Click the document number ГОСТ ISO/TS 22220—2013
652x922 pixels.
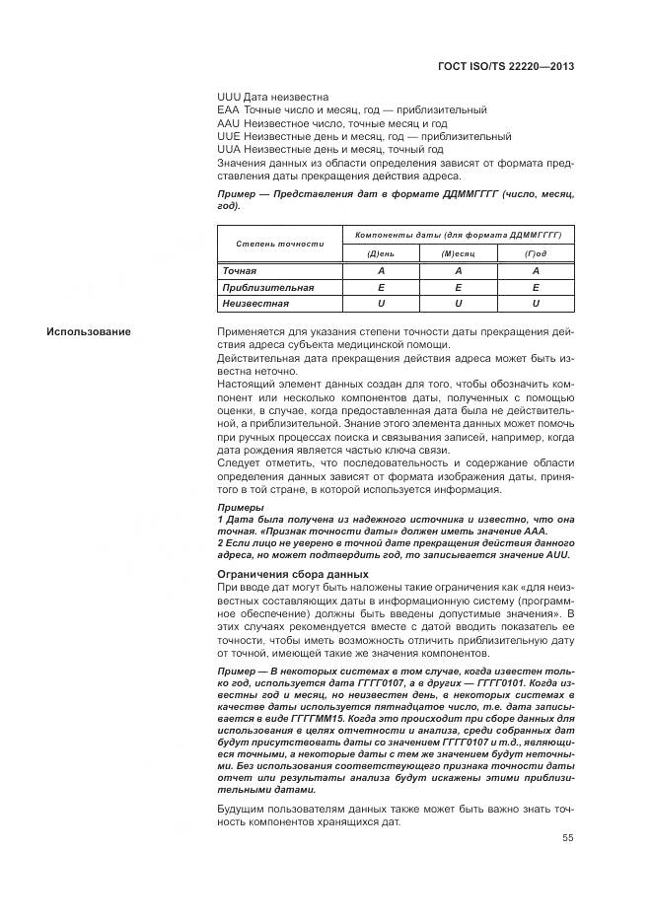coord(505,66)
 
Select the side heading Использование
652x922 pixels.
coord(88,331)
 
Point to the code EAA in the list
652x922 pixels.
coord(228,110)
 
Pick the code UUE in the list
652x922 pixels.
coord(228,136)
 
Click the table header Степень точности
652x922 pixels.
coord(279,243)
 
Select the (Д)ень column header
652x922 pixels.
coord(380,253)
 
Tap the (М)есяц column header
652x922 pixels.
coord(458,253)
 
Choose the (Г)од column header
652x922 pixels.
coord(535,253)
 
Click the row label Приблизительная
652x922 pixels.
coord(268,287)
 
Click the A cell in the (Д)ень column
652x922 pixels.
coord(380,270)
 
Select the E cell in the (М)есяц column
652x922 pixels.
coord(458,287)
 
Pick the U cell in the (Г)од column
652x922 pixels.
coord(535,304)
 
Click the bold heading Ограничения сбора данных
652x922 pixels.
coord(292,574)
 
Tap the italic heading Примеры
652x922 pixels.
coord(240,507)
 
